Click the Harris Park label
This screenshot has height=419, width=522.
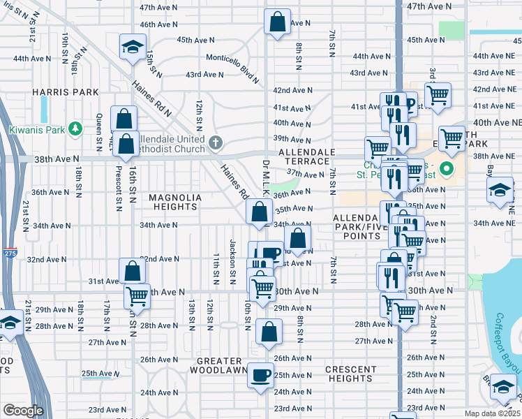pyautogui.click(x=55, y=92)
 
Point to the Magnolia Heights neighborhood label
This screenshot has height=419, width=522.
pyautogui.click(x=175, y=202)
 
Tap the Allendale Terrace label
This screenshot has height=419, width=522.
pyautogui.click(x=307, y=156)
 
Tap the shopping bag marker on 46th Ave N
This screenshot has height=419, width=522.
pyautogui.click(x=277, y=22)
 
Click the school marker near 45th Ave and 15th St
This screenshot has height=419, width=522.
pyautogui.click(x=130, y=47)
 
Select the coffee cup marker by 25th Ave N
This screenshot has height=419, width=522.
pyautogui.click(x=262, y=374)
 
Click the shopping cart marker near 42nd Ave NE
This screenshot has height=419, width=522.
pyautogui.click(x=438, y=94)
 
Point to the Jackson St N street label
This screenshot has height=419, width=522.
pyautogui.click(x=232, y=256)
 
